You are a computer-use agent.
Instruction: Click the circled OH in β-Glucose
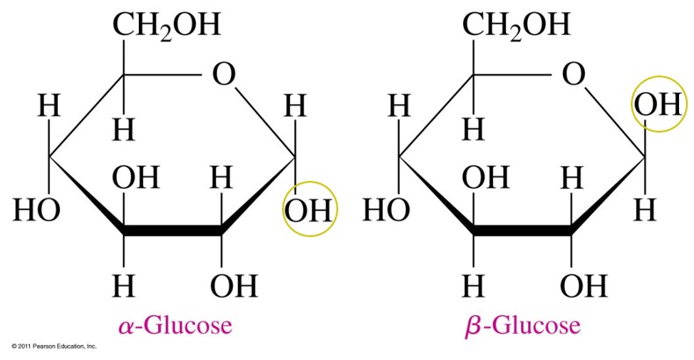tap(658, 105)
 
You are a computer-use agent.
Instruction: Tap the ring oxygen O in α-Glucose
tap(223, 75)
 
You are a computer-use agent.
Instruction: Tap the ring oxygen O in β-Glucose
tap(573, 75)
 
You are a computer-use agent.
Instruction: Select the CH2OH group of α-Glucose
tap(166, 25)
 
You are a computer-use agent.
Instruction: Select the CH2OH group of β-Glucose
tap(516, 25)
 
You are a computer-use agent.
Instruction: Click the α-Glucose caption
tap(176, 326)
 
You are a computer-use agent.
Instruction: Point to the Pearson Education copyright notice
tap(54, 346)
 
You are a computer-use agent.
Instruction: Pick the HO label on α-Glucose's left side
tap(36, 210)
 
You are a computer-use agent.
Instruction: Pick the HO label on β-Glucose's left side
tap(386, 210)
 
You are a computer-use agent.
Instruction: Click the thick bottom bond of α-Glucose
tap(172, 231)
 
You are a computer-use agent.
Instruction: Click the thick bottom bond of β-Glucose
tap(523, 231)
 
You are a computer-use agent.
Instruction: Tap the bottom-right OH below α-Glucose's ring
tap(234, 285)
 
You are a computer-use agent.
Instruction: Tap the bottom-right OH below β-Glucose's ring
tap(583, 285)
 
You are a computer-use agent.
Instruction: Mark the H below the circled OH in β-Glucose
tap(645, 211)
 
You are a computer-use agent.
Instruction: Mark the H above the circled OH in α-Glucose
tap(295, 106)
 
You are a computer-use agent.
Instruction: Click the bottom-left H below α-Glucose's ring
tap(124, 285)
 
